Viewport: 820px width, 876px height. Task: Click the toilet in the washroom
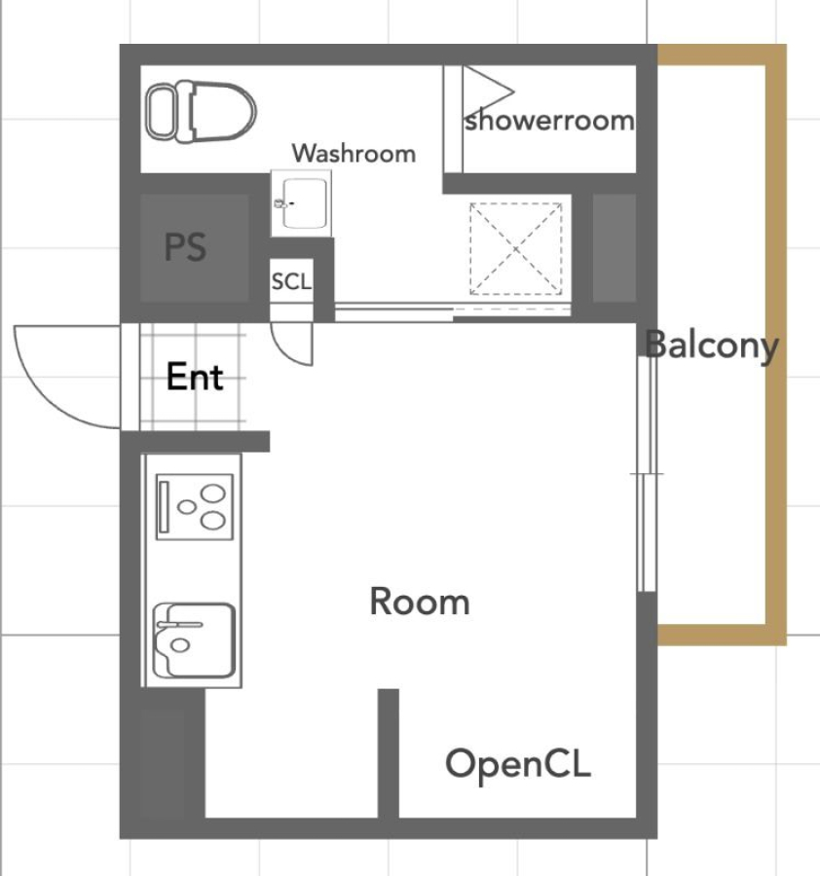[200, 111]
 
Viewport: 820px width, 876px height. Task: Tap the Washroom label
[354, 153]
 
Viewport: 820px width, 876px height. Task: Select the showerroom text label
[549, 120]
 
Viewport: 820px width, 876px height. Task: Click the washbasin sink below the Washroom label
[301, 203]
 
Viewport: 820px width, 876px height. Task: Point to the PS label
[186, 247]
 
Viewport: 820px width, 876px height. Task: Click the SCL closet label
[291, 281]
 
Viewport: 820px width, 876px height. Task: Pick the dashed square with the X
[516, 248]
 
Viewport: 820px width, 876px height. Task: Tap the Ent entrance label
[195, 376]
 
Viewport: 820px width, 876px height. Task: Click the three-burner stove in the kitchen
[195, 507]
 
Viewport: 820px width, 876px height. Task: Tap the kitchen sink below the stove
[194, 640]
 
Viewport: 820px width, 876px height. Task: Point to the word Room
[420, 602]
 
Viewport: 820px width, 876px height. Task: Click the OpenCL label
[517, 764]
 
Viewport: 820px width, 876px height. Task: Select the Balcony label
[712, 346]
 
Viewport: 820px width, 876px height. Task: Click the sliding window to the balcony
[648, 473]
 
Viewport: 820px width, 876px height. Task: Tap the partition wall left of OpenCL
[389, 754]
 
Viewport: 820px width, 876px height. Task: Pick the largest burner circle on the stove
[213, 493]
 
